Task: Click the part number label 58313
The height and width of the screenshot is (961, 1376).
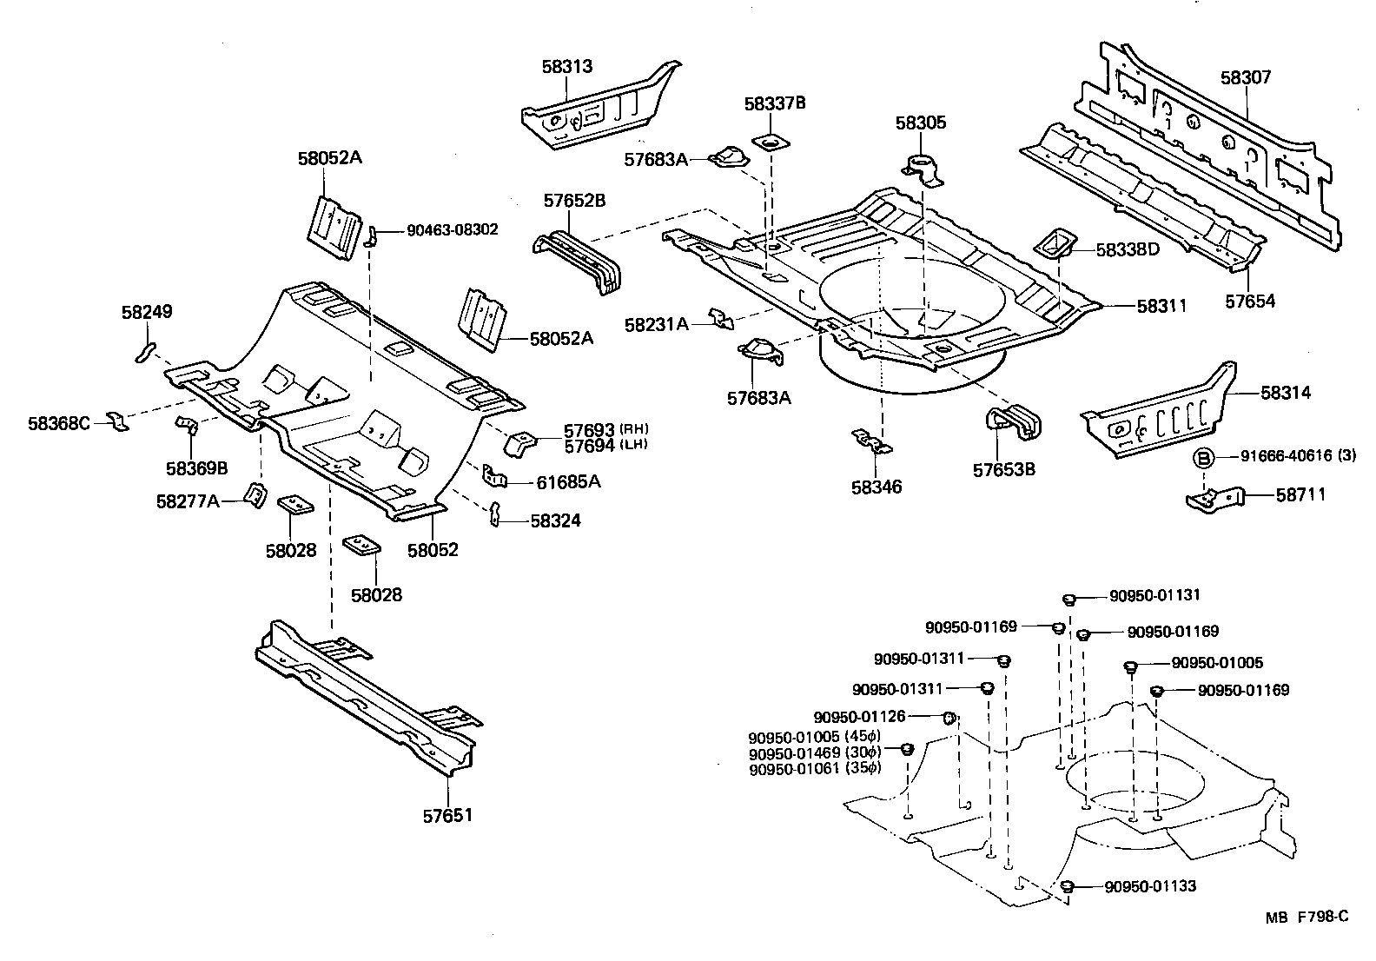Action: click(x=567, y=66)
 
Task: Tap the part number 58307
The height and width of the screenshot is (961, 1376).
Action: click(x=1245, y=77)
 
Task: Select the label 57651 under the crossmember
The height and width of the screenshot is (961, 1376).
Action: click(x=448, y=815)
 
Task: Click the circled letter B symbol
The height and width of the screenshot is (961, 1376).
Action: click(x=1203, y=457)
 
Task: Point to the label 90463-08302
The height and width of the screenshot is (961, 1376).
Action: click(x=452, y=230)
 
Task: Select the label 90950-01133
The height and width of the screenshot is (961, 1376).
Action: click(x=1150, y=886)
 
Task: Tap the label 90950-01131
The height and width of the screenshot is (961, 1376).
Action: click(x=1154, y=596)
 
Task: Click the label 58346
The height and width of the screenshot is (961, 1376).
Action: click(x=877, y=487)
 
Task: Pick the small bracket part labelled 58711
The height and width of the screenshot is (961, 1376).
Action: click(x=1214, y=500)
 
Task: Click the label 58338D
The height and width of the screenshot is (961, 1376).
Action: click(x=1127, y=249)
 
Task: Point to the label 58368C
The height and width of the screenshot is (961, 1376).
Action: click(x=59, y=423)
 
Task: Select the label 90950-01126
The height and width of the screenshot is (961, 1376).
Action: click(x=859, y=717)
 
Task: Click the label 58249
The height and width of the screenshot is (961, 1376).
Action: click(x=147, y=311)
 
